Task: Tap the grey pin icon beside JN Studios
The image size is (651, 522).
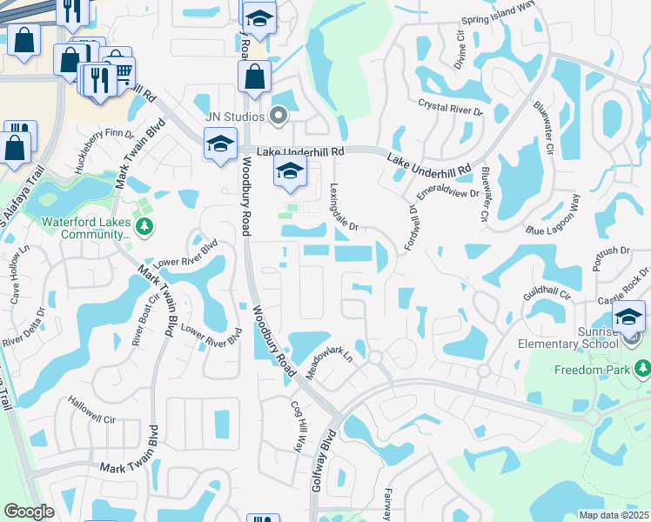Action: pos(279,114)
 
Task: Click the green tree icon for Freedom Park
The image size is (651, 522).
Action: pos(643,369)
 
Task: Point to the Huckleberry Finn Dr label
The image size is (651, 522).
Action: pos(104,148)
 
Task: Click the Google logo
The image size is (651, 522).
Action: pos(29,512)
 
